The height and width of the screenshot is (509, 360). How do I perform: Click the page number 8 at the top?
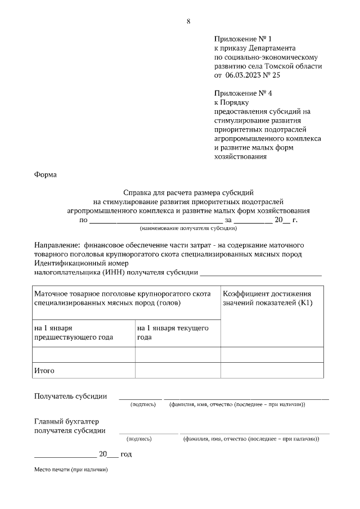[188, 21]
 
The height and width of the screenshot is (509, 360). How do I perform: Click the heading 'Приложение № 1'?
[242, 39]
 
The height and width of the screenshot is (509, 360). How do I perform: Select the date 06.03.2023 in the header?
[245, 75]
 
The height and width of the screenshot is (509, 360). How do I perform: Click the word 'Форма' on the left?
[46, 174]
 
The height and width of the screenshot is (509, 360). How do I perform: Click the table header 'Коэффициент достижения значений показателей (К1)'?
[267, 299]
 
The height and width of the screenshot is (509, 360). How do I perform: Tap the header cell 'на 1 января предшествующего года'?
[73, 332]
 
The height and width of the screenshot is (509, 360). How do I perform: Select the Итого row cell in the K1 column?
[272, 371]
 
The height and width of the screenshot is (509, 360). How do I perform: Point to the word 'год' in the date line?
[126, 454]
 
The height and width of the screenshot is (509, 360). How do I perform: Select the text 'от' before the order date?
[218, 75]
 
